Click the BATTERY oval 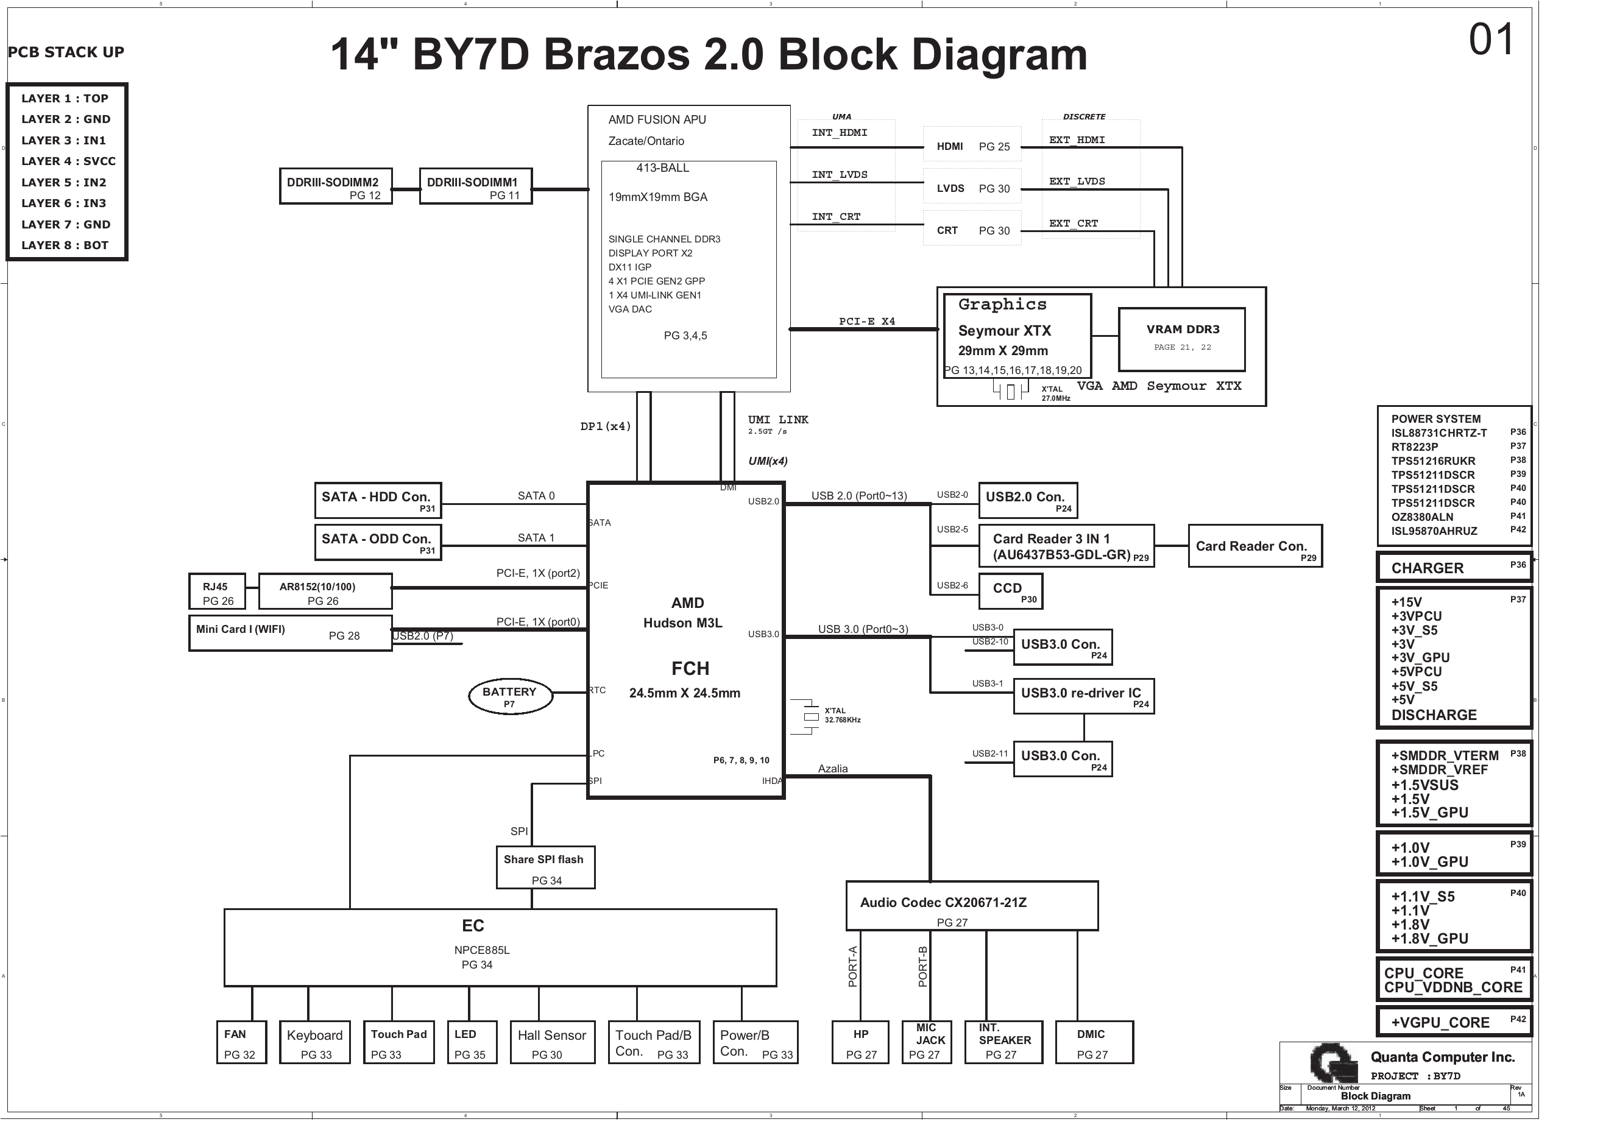pos(511,697)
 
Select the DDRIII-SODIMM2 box pos(336,186)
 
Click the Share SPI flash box pos(545,868)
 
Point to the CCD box pos(1010,591)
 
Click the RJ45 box pos(217,592)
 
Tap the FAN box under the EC pos(241,1043)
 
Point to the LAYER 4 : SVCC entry pos(68,161)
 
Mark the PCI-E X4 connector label pos(866,322)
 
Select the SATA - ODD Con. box pos(378,542)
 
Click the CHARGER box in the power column pos(1454,568)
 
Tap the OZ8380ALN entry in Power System pos(1422,517)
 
